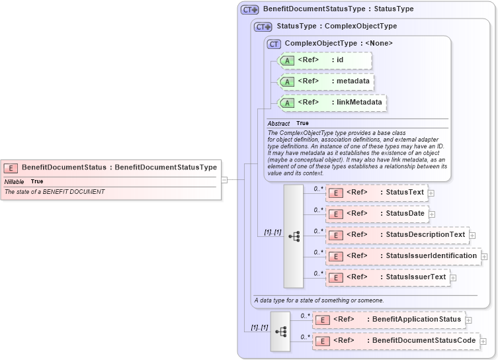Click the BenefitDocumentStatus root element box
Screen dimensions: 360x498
coord(109,167)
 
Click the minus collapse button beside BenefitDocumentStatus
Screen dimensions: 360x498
coord(224,179)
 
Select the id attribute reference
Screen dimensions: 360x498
coord(325,60)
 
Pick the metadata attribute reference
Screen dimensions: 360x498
coord(326,81)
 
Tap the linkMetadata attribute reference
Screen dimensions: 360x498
coord(332,103)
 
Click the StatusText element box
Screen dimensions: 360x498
coord(376,193)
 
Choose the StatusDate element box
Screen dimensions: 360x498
coord(376,214)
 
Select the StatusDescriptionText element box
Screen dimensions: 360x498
coord(397,235)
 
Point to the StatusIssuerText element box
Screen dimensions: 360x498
coord(388,277)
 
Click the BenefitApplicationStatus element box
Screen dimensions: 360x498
coord(388,320)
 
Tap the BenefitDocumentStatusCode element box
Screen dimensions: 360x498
coord(395,341)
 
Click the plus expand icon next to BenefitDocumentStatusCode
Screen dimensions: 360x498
coord(483,341)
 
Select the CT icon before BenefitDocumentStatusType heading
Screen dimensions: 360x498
coord(249,10)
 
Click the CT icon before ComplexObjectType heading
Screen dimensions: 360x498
coord(274,44)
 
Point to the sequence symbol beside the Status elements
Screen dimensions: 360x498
coord(294,236)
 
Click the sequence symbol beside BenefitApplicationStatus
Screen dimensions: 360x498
coord(280,330)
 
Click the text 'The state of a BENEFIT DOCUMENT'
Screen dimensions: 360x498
coord(55,192)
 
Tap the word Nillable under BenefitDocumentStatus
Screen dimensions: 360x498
coord(15,181)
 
